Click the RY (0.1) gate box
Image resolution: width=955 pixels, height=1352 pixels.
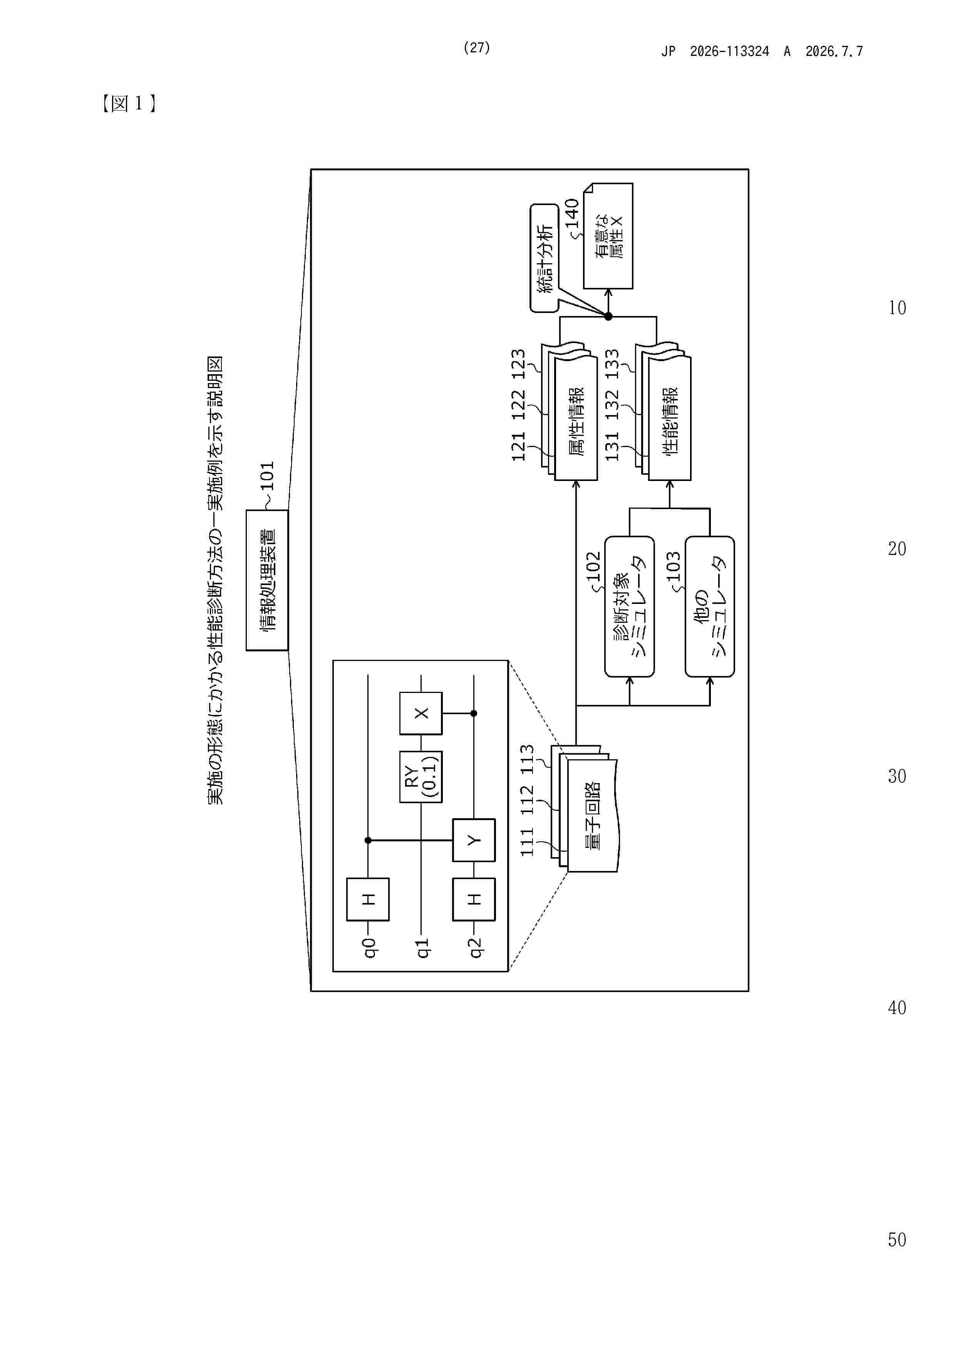coord(421,777)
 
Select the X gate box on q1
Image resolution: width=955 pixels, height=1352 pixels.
coord(421,713)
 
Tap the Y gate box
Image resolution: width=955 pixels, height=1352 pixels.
coord(474,840)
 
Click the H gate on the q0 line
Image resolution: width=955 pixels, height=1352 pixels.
coord(368,899)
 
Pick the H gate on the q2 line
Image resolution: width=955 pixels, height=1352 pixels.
coord(474,899)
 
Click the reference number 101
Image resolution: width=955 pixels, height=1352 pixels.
coord(267,476)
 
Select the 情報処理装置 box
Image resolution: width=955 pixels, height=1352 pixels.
coord(267,580)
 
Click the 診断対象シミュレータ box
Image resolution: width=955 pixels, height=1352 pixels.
coord(630,607)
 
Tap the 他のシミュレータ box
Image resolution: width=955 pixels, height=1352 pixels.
coord(710,607)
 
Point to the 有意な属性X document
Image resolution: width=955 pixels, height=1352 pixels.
coord(608,235)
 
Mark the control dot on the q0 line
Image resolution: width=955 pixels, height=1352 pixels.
coord(368,840)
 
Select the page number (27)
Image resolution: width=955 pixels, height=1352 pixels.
coord(477,48)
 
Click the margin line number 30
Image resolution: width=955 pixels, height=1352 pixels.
coord(897,776)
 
